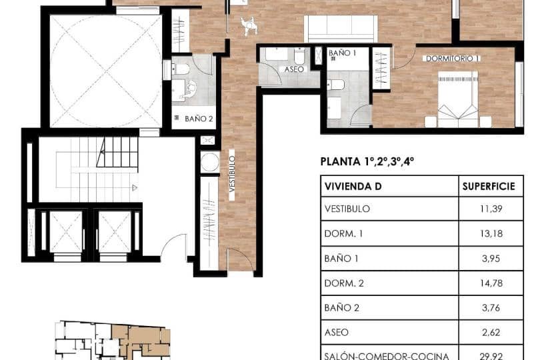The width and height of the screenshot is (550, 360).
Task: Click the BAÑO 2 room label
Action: click(198, 119)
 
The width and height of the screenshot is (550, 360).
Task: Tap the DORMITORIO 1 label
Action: click(452, 59)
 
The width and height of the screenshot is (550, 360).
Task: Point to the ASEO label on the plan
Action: click(294, 69)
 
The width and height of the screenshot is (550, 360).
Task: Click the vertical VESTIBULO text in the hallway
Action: click(232, 173)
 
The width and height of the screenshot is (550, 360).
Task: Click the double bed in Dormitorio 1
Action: click(457, 101)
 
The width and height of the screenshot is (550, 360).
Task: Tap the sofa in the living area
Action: click(339, 28)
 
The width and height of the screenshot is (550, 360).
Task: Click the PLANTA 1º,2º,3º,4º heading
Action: click(367, 161)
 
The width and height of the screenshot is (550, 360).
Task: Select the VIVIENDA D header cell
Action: click(353, 187)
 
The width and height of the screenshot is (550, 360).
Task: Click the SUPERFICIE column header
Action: click(489, 187)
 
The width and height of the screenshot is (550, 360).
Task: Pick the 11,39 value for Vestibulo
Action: click(491, 209)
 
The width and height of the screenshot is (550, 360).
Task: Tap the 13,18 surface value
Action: click(491, 233)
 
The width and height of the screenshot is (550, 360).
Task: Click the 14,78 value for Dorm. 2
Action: click(491, 283)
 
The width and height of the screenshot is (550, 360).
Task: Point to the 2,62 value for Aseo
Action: click(491, 332)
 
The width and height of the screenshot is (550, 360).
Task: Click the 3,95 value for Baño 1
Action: click(491, 258)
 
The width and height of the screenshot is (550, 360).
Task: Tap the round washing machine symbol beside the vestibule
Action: click(210, 162)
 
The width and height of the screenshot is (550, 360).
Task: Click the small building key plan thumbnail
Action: click(112, 340)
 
